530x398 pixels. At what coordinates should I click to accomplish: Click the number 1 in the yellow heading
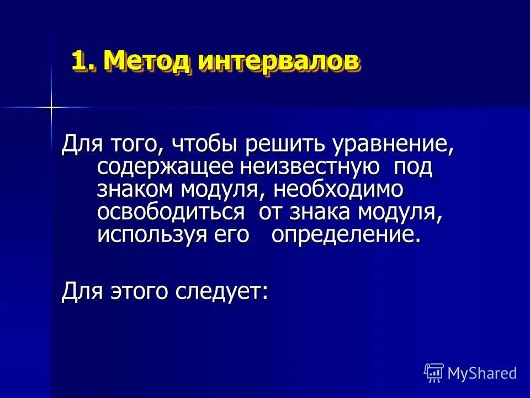pyautogui.click(x=79, y=60)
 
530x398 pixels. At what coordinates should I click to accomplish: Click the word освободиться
pyautogui.click(x=171, y=212)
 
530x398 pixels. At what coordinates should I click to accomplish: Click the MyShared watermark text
pyautogui.click(x=482, y=374)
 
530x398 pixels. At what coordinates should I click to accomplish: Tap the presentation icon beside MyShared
pyautogui.click(x=433, y=373)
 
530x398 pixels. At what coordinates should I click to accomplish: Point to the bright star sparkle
pyautogui.click(x=50, y=106)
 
